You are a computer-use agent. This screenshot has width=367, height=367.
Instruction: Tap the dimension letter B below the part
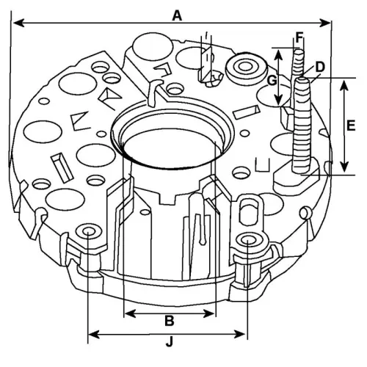pyautogui.click(x=169, y=320)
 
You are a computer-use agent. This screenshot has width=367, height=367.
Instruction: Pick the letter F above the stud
pyautogui.click(x=299, y=36)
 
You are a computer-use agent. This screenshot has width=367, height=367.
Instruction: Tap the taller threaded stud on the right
pyautogui.click(x=303, y=128)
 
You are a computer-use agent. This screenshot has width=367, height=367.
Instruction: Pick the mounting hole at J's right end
pyautogui.click(x=250, y=241)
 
